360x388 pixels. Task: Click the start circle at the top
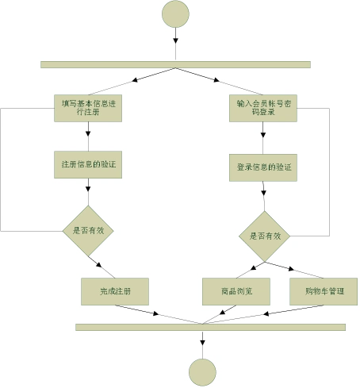(x=175, y=14)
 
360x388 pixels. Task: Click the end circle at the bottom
(x=202, y=371)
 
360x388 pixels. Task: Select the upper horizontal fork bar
(x=175, y=64)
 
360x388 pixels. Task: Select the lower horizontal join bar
(x=210, y=327)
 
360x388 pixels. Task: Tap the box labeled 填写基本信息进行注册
(x=87, y=107)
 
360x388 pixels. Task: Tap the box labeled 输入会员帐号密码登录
(x=263, y=108)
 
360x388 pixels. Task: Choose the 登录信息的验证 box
(x=264, y=167)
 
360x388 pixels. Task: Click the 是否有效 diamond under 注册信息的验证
(x=89, y=230)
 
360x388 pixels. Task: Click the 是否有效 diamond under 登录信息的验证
(x=265, y=236)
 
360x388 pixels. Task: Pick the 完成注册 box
(x=116, y=291)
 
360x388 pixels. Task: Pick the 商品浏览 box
(x=237, y=291)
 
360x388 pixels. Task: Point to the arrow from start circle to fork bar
(x=175, y=44)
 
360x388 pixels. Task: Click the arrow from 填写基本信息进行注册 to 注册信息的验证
(x=88, y=136)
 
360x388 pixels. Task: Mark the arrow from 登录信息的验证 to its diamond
(x=264, y=196)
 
